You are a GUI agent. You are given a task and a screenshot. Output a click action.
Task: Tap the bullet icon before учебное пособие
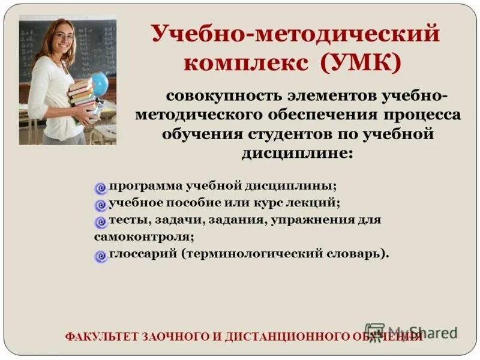click(x=101, y=205)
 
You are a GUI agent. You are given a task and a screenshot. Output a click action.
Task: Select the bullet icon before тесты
click(x=101, y=221)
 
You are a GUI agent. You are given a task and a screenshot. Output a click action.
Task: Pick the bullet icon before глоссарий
click(x=101, y=256)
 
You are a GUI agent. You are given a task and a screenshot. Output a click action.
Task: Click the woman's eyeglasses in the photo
click(x=65, y=37)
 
